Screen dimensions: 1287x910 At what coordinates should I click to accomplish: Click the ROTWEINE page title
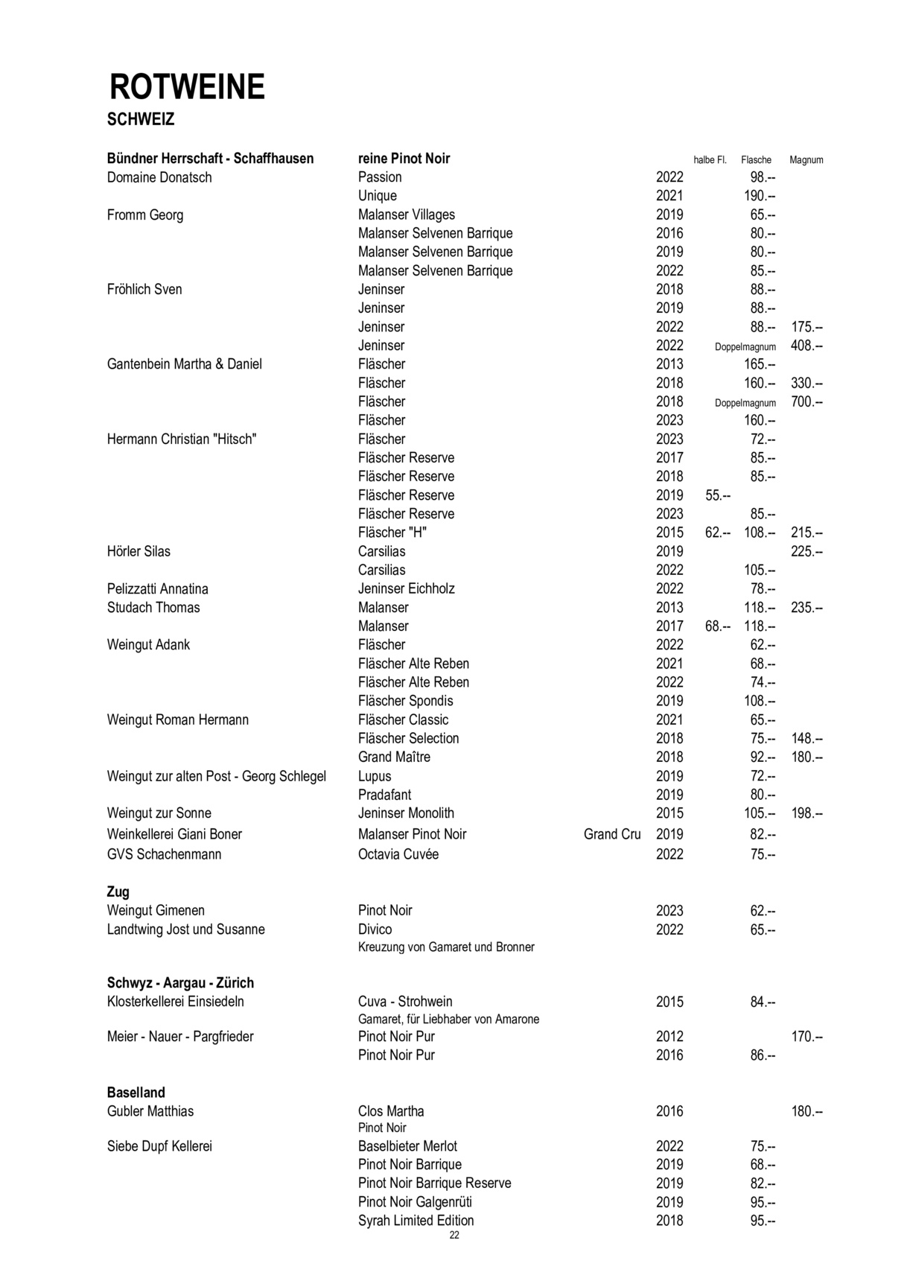[x=187, y=87]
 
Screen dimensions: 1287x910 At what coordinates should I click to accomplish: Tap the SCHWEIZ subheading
[x=141, y=119]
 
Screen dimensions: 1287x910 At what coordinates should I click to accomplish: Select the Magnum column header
[x=806, y=160]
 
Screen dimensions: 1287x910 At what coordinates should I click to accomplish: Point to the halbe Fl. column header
[x=709, y=160]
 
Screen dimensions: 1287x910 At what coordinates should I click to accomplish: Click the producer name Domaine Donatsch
[x=159, y=177]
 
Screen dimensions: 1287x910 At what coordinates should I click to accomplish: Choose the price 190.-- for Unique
[x=760, y=196]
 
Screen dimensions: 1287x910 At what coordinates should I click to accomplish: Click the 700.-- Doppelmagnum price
[x=806, y=402]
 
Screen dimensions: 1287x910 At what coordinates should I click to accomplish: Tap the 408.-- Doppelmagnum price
[x=806, y=346]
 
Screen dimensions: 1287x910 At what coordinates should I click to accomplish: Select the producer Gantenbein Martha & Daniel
[x=184, y=364]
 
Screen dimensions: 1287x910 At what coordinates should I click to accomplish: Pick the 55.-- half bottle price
[x=718, y=495]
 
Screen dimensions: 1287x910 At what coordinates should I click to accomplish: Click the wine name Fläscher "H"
[x=392, y=533]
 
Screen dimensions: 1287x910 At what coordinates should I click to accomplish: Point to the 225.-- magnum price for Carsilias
[x=806, y=552]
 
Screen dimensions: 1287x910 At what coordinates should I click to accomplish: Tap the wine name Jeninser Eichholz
[x=406, y=588]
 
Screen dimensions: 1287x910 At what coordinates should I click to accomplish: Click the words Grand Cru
[x=611, y=834]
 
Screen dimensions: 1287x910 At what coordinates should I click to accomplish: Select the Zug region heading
[x=118, y=892]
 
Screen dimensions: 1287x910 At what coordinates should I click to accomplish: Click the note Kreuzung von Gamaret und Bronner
[x=446, y=947]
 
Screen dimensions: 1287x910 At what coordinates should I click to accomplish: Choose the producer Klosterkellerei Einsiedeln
[x=175, y=1002]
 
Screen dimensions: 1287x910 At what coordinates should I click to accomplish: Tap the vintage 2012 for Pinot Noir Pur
[x=669, y=1037]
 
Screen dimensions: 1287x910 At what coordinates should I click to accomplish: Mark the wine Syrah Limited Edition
[x=416, y=1221]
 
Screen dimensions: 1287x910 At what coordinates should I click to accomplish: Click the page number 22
[x=454, y=1236]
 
